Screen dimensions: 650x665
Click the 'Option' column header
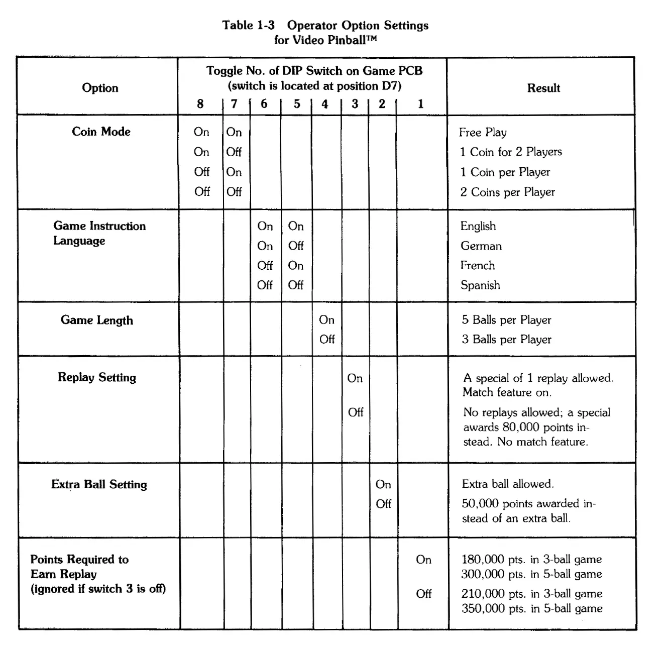coord(100,88)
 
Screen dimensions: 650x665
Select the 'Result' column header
coord(543,88)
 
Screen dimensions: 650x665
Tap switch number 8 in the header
coord(200,104)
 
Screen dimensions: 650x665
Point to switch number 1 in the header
coord(420,104)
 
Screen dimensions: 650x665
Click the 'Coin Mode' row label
coord(101,132)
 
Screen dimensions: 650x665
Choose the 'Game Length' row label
coord(97,320)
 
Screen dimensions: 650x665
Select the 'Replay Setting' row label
coord(97,377)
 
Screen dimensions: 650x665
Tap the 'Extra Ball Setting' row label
coord(99,484)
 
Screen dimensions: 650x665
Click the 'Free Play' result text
coord(483,132)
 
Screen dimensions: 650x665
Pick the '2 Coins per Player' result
coord(507,192)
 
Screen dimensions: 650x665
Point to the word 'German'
coord(481,246)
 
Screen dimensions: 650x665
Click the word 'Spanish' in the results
coord(480,285)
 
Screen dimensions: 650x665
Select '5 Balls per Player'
coord(506,320)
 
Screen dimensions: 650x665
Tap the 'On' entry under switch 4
coord(326,320)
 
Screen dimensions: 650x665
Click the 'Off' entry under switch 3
coord(355,412)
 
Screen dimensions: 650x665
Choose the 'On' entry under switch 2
coord(383,484)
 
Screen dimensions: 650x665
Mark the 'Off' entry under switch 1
coord(423,594)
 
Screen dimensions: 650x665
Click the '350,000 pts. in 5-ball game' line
coord(531,608)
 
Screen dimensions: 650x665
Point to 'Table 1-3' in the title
coord(248,25)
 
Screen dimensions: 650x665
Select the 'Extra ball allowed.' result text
coord(507,484)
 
